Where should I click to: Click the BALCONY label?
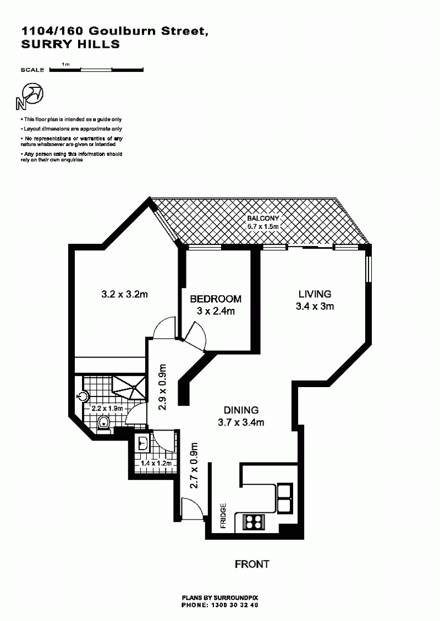pyautogui.click(x=263, y=218)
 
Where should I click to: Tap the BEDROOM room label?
pyautogui.click(x=216, y=299)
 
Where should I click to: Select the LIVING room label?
pyautogui.click(x=315, y=294)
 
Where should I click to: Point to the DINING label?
pyautogui.click(x=241, y=410)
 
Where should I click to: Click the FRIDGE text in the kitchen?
pyautogui.click(x=223, y=516)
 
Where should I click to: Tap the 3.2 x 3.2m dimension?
pyautogui.click(x=125, y=294)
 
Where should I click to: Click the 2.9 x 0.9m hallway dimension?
pyautogui.click(x=162, y=387)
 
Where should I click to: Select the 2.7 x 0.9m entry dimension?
pyautogui.click(x=194, y=466)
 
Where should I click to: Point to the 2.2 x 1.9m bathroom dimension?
pyautogui.click(x=107, y=409)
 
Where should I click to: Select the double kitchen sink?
pyautogui.click(x=285, y=498)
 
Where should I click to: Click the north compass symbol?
pyautogui.click(x=30, y=96)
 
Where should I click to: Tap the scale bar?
pyautogui.click(x=96, y=70)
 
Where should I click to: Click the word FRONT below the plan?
pyautogui.click(x=252, y=564)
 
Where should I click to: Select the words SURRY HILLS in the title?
pyautogui.click(x=70, y=44)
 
